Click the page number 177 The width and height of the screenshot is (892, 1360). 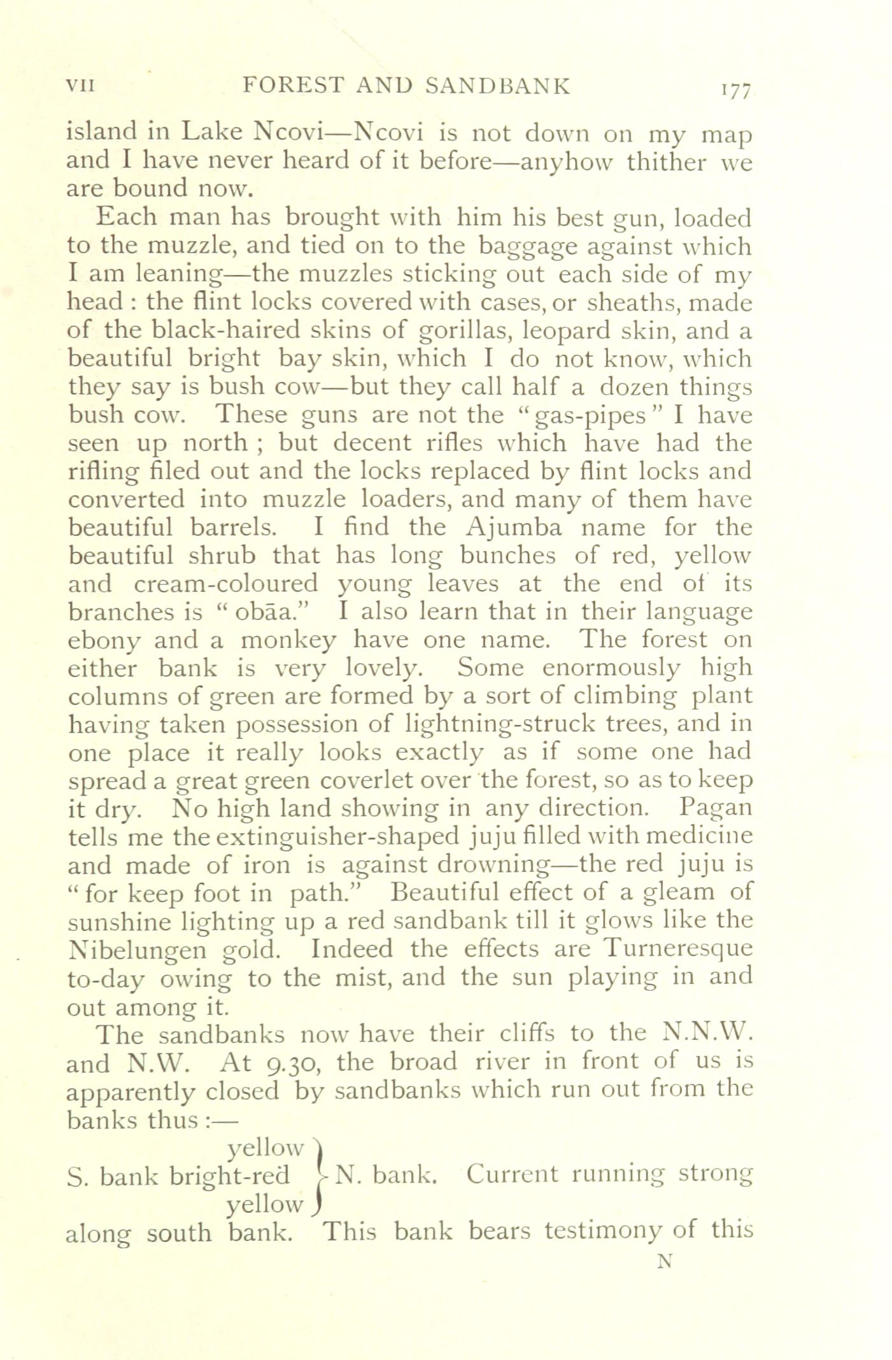(736, 90)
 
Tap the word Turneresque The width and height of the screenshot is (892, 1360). (677, 948)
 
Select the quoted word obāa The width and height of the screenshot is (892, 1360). (262, 612)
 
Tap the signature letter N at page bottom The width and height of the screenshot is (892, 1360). (665, 1261)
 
